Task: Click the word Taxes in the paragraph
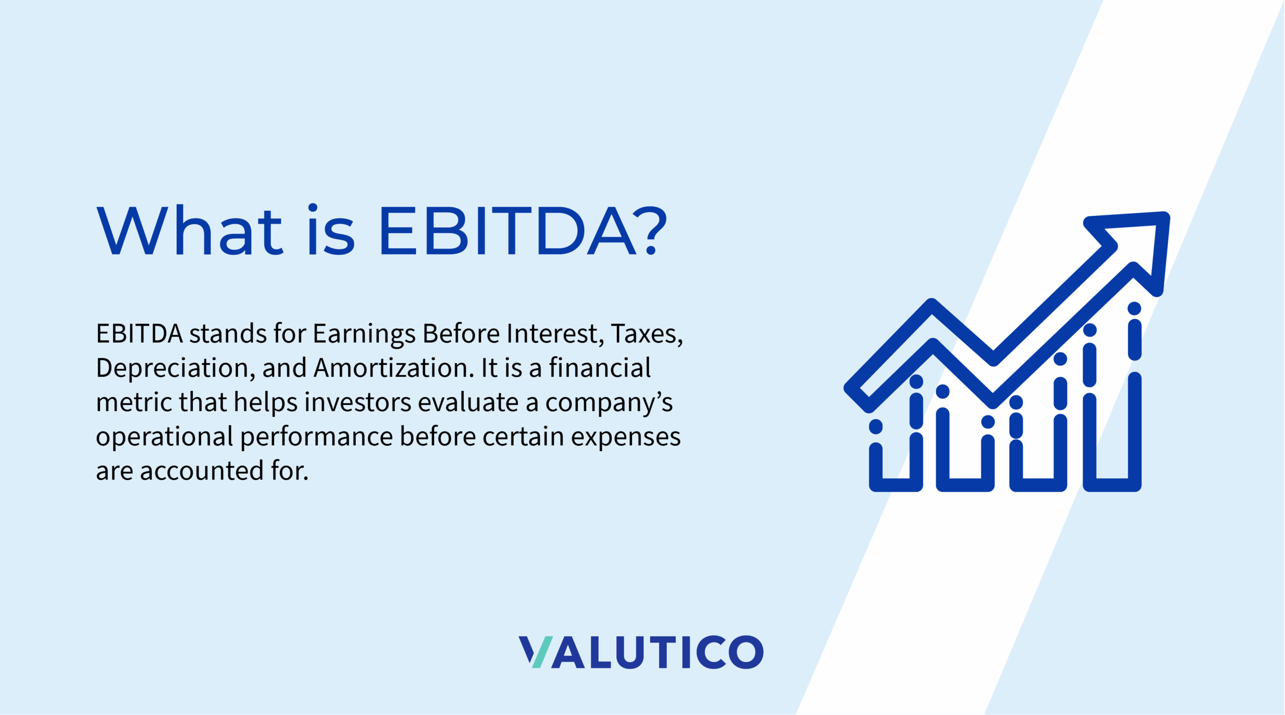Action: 647,334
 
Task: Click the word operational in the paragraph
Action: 164,437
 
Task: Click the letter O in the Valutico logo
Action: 745,652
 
